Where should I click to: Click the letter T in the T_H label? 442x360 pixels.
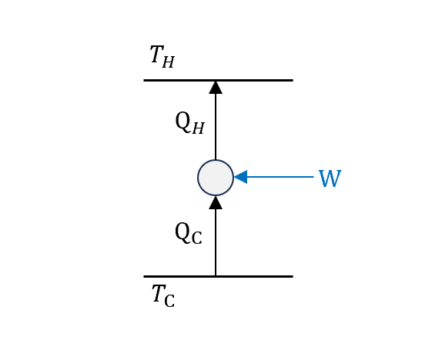point(157,54)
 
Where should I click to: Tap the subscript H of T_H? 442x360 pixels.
point(169,62)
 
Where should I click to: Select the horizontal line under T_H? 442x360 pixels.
point(218,81)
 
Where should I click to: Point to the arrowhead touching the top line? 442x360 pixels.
point(216,88)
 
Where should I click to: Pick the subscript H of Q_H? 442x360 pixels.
point(198,128)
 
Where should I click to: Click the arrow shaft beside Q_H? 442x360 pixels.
point(216,127)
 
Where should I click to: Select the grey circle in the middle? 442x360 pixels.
point(216,178)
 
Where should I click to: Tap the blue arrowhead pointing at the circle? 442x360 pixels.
point(241,177)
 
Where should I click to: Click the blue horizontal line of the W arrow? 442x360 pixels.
point(280,177)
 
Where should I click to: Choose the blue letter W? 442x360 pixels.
point(330,178)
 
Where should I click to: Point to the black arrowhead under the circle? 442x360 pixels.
point(216,202)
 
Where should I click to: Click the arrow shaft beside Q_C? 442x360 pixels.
point(216,242)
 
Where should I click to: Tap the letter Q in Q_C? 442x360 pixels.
point(182,232)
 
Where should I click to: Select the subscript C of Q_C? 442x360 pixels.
point(197,238)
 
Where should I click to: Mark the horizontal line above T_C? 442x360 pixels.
point(218,277)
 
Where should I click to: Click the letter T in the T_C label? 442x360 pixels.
point(159,293)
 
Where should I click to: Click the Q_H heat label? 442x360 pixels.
point(189,123)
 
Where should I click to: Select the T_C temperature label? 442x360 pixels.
point(163,296)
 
